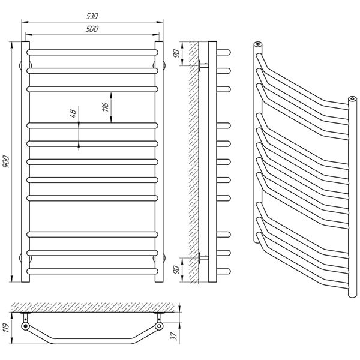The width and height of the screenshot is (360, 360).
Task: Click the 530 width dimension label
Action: click(x=92, y=16)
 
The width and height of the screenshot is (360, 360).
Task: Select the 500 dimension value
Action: click(x=92, y=29)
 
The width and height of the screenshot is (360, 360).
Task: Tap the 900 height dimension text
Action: click(x=6, y=161)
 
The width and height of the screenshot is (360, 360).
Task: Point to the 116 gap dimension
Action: click(x=106, y=107)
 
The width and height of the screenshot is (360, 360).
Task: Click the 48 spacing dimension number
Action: click(x=73, y=113)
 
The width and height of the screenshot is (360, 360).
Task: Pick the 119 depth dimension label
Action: click(x=6, y=328)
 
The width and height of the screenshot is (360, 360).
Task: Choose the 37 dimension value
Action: click(x=174, y=336)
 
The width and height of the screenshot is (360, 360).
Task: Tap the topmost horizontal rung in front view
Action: click(x=92, y=52)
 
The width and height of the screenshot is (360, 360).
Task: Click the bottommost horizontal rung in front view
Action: click(x=92, y=271)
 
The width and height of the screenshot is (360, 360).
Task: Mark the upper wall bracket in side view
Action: click(x=203, y=65)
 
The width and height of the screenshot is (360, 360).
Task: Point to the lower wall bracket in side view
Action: click(x=203, y=258)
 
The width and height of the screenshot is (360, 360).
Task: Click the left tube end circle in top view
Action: click(x=25, y=326)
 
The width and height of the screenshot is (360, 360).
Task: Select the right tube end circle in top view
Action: click(x=159, y=326)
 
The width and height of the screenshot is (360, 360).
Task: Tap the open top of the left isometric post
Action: click(x=258, y=44)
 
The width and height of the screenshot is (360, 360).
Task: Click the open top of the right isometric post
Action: click(x=352, y=99)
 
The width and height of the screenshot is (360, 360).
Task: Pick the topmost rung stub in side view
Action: click(x=223, y=52)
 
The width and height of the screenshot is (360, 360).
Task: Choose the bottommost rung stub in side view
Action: click(x=223, y=271)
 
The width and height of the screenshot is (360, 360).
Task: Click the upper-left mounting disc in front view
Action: click(x=20, y=65)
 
